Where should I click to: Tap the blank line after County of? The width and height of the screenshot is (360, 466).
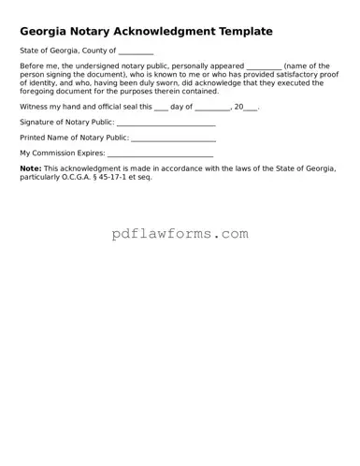(136, 52)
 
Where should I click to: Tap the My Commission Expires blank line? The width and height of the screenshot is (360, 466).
(161, 153)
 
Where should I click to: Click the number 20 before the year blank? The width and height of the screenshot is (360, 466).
(237, 108)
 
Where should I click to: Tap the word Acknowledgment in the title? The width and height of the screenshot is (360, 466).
(153, 31)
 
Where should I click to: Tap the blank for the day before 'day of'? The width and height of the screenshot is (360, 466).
(161, 109)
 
